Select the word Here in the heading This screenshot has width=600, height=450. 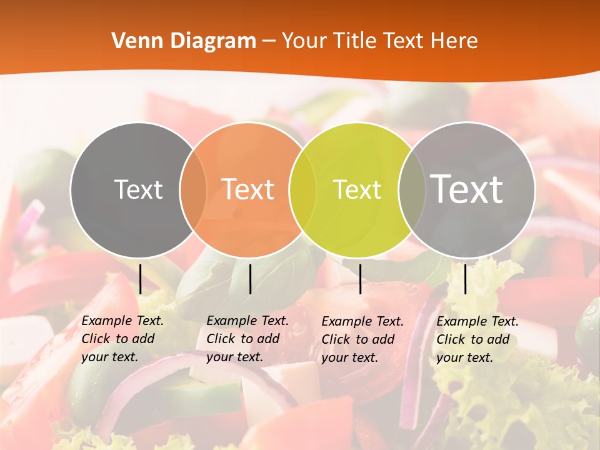click(454, 41)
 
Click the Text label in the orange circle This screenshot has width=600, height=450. click(248, 189)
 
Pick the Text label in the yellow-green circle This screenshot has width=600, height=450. click(357, 189)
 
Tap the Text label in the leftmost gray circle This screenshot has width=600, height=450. click(138, 189)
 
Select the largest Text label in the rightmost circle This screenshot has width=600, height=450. click(467, 189)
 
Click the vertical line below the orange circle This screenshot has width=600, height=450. click(250, 279)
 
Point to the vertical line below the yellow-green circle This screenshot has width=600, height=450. click(360, 279)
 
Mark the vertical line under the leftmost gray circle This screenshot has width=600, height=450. click(140, 279)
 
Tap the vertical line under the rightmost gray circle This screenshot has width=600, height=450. click(465, 279)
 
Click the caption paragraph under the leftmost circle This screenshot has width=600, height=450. click(122, 339)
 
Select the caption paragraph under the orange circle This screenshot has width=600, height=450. click(247, 339)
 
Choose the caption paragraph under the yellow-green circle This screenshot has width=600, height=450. click(362, 339)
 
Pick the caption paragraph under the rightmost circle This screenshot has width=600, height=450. click(477, 339)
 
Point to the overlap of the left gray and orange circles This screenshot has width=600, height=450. click(193, 189)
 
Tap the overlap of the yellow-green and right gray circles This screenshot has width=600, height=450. click(411, 189)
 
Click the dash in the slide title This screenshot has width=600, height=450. click(269, 42)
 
